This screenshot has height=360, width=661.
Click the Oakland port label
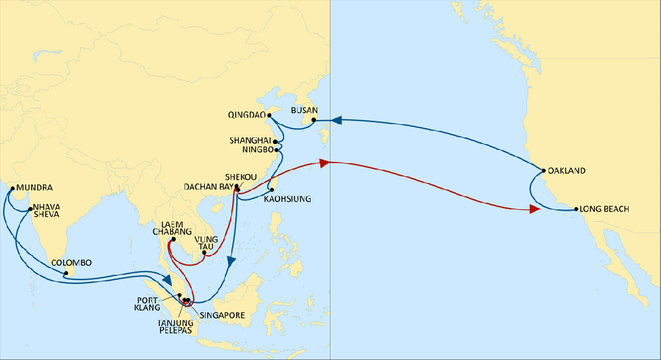[x=567, y=170]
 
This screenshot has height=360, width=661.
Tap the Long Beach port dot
[x=576, y=209]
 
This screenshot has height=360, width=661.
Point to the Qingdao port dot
[x=270, y=115]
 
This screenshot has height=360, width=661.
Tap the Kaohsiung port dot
[x=272, y=190]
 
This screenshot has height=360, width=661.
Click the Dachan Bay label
[x=206, y=188]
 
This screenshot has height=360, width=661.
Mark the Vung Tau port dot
[x=204, y=252]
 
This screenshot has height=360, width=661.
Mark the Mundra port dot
[x=12, y=188]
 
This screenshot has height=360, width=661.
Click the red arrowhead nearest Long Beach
[x=534, y=210]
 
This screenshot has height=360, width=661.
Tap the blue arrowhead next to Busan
[x=336, y=120]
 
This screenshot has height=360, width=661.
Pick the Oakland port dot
[x=543, y=170]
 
